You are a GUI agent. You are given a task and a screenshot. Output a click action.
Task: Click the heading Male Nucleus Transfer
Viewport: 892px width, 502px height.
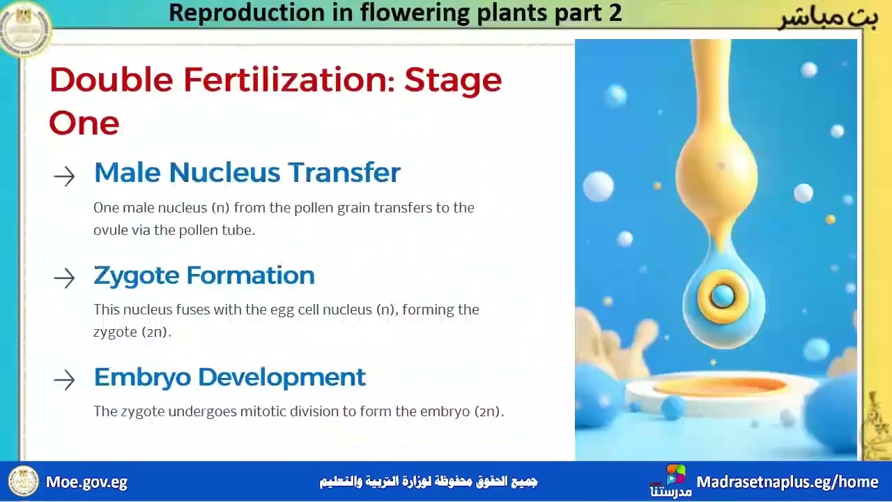coord(247,173)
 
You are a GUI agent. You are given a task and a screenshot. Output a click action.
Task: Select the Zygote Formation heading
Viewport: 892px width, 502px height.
coord(203,275)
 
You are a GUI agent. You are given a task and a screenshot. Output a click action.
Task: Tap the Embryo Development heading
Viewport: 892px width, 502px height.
coord(229,377)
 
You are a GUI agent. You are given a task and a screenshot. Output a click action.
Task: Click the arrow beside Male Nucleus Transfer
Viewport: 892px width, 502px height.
coord(64,176)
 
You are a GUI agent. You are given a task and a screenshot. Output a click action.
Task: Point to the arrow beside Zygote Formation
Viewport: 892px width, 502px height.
coord(64,278)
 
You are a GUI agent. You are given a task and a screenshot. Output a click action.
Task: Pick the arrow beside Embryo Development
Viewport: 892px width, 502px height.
coord(64,380)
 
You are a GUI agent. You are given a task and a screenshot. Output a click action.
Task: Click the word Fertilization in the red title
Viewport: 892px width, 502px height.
coord(289,79)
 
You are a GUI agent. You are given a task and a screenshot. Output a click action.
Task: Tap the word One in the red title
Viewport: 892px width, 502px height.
coord(84,123)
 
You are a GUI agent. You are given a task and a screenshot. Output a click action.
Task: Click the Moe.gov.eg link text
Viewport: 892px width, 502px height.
coord(86,482)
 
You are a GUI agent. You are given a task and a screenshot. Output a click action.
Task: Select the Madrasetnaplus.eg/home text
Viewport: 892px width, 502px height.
coord(787,482)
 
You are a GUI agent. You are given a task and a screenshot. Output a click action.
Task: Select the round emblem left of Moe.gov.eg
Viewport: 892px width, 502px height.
coord(23,482)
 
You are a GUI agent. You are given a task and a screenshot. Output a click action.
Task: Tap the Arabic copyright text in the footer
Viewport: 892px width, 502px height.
coord(428,482)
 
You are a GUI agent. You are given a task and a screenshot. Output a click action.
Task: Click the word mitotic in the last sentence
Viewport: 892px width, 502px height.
coord(263,411)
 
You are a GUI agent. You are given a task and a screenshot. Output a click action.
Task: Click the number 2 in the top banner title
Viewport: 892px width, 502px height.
coord(614,13)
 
